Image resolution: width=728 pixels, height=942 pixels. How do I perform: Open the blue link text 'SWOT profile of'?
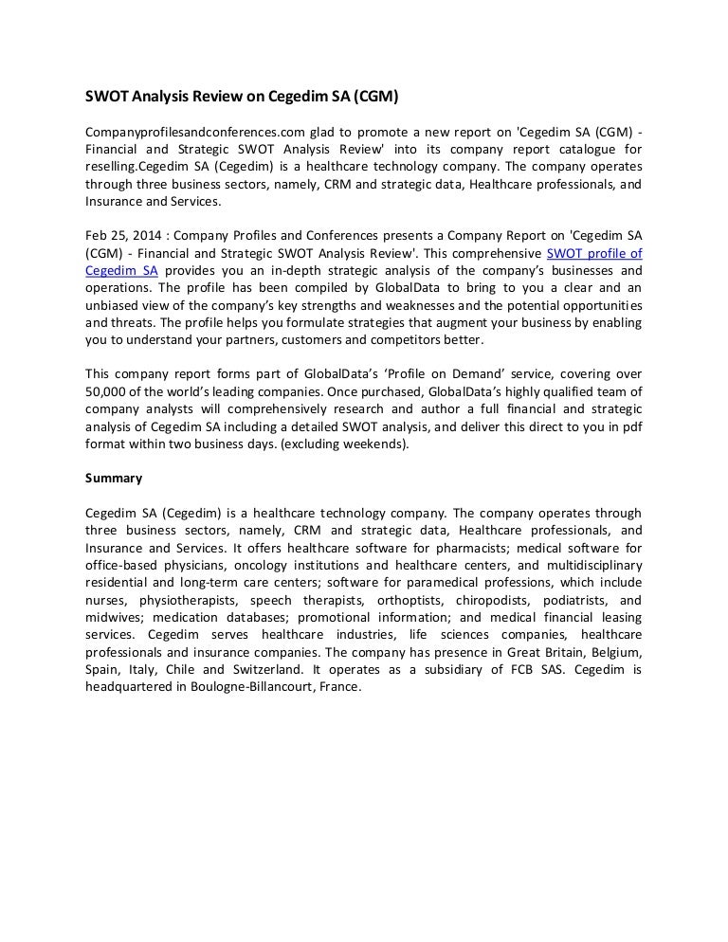click(594, 253)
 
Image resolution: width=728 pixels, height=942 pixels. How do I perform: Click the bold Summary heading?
click(114, 478)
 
